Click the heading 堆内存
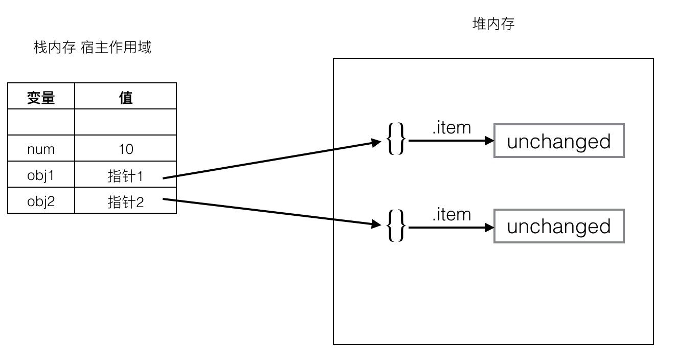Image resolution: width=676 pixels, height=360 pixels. pyautogui.click(x=493, y=24)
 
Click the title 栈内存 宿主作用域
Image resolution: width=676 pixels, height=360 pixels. pyautogui.click(x=93, y=48)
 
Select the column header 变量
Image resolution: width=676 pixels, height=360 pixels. pyautogui.click(x=41, y=97)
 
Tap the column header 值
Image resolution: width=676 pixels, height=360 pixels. pyautogui.click(x=126, y=97)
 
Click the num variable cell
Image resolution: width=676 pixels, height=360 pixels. pyautogui.click(x=41, y=149)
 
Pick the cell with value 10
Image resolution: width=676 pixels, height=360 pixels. pyautogui.click(x=126, y=149)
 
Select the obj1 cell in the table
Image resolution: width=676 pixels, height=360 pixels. pyautogui.click(x=41, y=175)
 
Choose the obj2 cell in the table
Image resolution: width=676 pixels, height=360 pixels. pyautogui.click(x=41, y=201)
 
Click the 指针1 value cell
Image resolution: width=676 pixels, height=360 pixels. pyautogui.click(x=126, y=175)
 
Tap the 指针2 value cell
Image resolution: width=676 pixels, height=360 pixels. pyautogui.click(x=126, y=201)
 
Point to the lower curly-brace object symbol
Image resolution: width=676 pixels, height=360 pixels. pyautogui.click(x=396, y=226)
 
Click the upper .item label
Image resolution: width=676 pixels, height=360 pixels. pyautogui.click(x=451, y=128)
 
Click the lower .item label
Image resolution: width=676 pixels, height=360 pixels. pyautogui.click(x=451, y=215)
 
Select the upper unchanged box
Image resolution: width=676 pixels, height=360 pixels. pyautogui.click(x=559, y=141)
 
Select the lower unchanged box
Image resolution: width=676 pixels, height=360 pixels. pyautogui.click(x=559, y=226)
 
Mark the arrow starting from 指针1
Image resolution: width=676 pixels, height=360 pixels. pyautogui.click(x=271, y=160)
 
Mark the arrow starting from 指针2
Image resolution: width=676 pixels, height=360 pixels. pyautogui.click(x=271, y=211)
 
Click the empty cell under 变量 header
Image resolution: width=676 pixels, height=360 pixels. pyautogui.click(x=41, y=122)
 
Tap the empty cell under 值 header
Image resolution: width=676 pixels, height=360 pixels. pyautogui.click(x=126, y=122)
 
